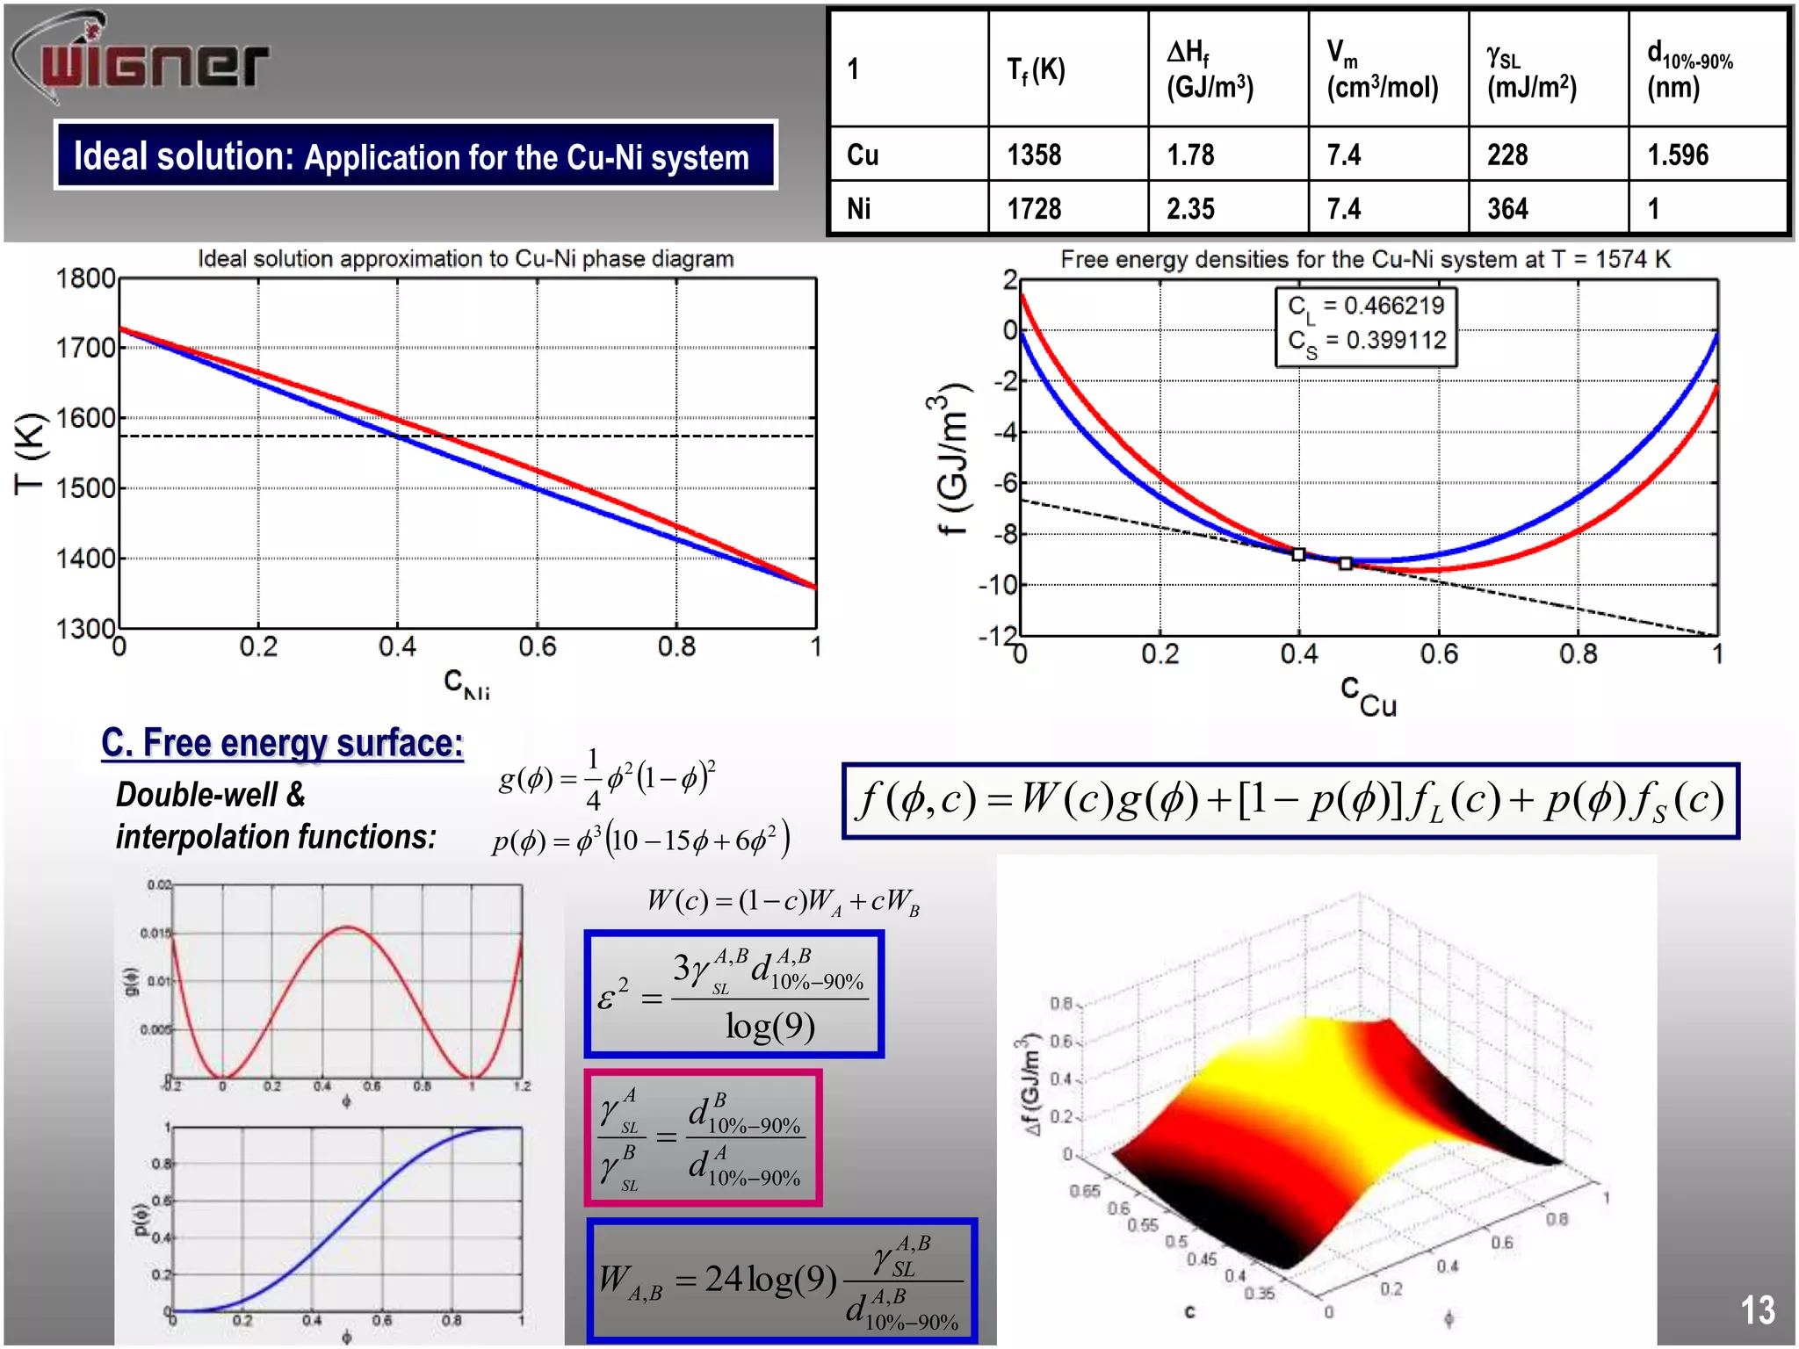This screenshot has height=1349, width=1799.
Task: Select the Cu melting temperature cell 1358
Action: (x=1034, y=155)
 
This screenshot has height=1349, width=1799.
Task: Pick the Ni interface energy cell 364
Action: (x=1507, y=209)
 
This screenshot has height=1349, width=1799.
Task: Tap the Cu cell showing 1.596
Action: (x=1678, y=155)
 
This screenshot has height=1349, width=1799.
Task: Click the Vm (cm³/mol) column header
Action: (x=1382, y=70)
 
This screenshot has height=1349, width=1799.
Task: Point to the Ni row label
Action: (x=859, y=209)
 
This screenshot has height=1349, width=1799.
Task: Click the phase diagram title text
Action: (x=466, y=259)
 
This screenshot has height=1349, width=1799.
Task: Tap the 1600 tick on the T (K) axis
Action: (x=85, y=418)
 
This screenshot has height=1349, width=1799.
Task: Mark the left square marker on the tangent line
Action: (x=1298, y=554)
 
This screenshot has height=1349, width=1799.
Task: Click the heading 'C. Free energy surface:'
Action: (x=282, y=743)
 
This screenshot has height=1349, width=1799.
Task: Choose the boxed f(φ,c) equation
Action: (x=1290, y=801)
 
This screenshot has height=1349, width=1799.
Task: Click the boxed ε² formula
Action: (x=734, y=994)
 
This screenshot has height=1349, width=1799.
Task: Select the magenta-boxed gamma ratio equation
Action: (x=703, y=1138)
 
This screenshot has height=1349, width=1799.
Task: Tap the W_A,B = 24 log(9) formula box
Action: (x=782, y=1280)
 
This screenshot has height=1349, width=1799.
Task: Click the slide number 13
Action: (x=1757, y=1309)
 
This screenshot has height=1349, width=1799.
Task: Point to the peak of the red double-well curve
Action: (x=348, y=927)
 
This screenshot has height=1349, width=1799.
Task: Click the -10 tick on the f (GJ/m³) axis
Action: (x=998, y=585)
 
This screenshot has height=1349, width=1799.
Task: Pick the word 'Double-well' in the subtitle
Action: (x=198, y=795)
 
